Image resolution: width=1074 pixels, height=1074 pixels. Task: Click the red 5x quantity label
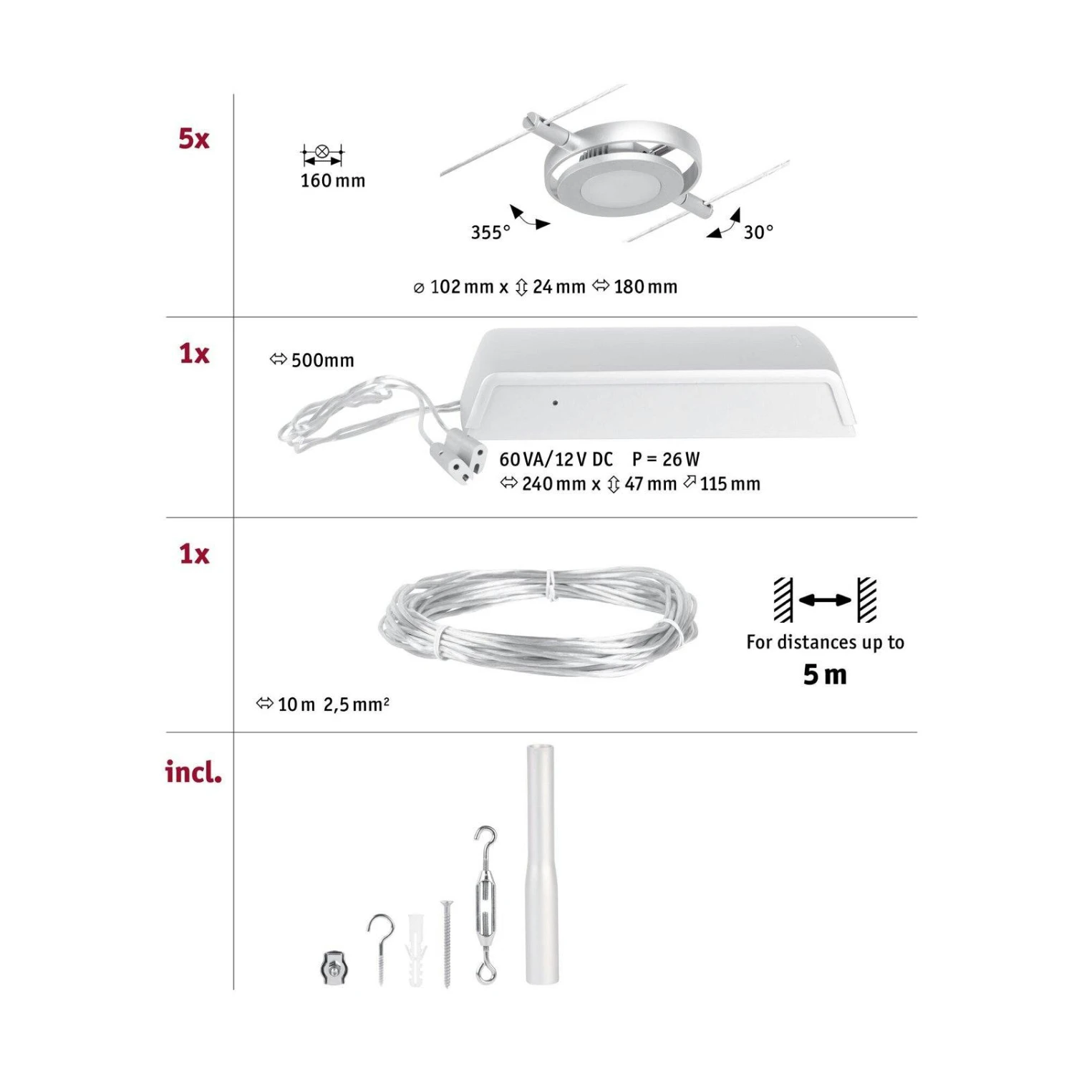click(x=193, y=138)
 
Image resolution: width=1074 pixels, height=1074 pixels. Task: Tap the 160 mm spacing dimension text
click(x=332, y=180)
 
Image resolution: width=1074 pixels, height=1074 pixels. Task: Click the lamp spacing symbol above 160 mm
click(x=322, y=153)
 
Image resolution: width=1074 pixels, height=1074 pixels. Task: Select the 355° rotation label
click(x=490, y=232)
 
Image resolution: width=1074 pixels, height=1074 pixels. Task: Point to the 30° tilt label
click(x=758, y=232)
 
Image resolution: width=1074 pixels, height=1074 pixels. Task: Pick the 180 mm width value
click(x=644, y=287)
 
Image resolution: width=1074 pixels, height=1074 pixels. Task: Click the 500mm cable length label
click(x=321, y=360)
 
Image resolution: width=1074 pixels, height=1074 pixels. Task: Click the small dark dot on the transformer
click(x=555, y=403)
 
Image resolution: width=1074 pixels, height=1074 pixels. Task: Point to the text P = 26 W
click(x=666, y=459)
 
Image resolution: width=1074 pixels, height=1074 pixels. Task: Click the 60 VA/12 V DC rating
click(x=556, y=459)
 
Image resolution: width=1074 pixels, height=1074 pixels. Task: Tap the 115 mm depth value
click(x=730, y=484)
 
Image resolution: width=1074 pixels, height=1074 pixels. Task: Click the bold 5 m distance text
click(x=825, y=674)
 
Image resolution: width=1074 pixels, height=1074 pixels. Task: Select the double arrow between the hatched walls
click(x=825, y=600)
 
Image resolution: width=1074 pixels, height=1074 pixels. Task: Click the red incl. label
click(x=193, y=772)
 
